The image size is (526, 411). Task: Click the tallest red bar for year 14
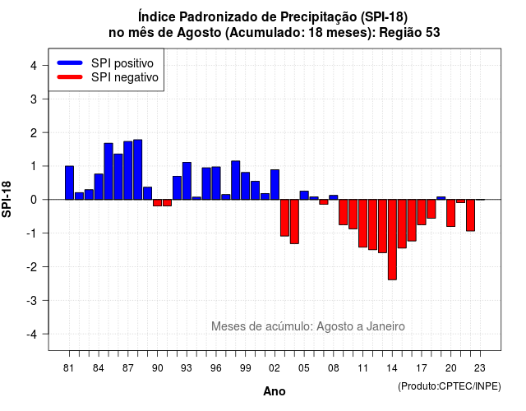point(392,239)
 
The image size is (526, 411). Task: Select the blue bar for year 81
point(69,182)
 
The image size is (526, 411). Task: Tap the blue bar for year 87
point(128,170)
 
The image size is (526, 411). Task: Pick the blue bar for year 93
point(187,181)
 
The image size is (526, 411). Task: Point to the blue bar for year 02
point(275,184)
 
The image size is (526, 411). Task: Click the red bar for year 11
point(362,223)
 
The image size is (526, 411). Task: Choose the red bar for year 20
point(451,213)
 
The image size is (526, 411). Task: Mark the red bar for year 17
point(422,212)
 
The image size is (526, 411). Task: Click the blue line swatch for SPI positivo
point(70,62)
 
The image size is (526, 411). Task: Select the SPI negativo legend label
point(125,77)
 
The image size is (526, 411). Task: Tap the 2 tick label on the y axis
point(34,133)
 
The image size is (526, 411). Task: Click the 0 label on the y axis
point(34,200)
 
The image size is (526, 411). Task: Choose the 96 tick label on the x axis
point(216,368)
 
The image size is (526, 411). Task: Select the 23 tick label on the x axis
point(480,368)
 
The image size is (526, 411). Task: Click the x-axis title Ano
point(275,391)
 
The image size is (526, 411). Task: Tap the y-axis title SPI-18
point(7,199)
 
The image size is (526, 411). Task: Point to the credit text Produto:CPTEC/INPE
point(450,386)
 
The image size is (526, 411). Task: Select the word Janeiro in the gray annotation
point(385,326)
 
